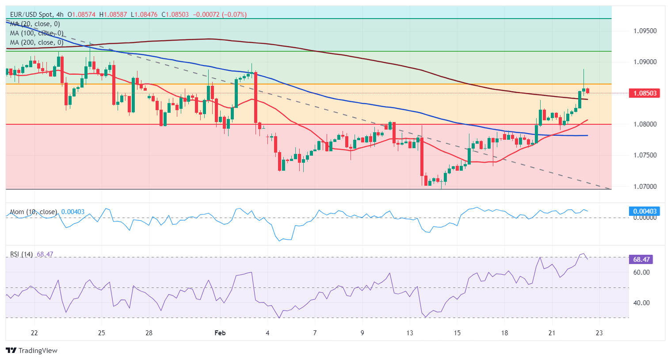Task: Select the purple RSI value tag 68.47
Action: click(640, 260)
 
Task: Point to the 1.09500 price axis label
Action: click(645, 31)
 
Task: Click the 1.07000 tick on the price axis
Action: click(645, 187)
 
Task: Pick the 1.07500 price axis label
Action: click(645, 155)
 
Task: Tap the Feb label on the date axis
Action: click(220, 333)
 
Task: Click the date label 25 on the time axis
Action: click(101, 333)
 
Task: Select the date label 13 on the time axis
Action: click(410, 333)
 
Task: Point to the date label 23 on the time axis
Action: click(599, 333)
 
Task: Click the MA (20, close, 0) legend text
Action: click(35, 24)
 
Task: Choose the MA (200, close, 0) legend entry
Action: click(37, 42)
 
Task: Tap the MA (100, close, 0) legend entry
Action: click(37, 33)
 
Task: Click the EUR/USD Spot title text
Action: click(30, 15)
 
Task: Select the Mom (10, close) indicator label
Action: click(34, 212)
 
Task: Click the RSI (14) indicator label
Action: click(21, 254)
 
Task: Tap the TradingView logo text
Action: click(38, 351)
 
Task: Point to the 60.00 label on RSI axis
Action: click(641, 272)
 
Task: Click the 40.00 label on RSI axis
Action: click(641, 303)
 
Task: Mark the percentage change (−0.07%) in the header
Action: click(231, 15)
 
